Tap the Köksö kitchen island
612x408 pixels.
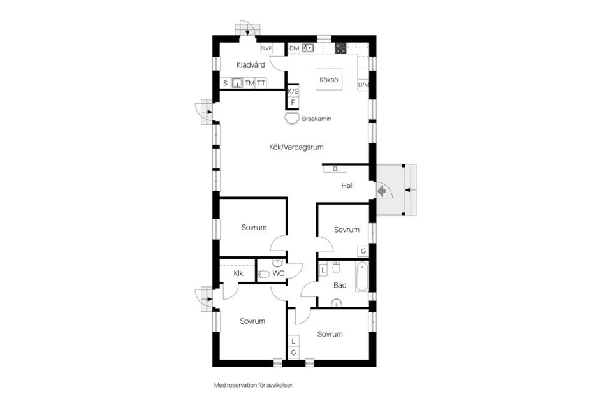pos(328,80)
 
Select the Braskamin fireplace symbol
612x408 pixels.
pos(291,119)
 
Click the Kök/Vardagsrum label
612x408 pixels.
pos(296,147)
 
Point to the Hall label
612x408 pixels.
pos(347,186)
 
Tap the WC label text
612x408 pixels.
pos(278,273)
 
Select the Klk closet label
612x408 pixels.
pos(238,273)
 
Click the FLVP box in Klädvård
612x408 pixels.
pos(266,48)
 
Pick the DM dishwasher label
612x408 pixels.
pos(294,48)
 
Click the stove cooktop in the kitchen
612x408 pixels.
pos(340,47)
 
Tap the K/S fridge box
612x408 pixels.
pos(293,91)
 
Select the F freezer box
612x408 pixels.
pos(293,102)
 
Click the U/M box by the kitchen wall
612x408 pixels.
pos(363,84)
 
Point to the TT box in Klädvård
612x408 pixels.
pos(261,84)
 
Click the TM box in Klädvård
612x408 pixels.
pos(249,84)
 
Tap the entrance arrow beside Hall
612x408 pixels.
pos(381,190)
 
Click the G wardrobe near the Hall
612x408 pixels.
pos(335,169)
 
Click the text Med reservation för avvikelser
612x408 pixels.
pos(253,386)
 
